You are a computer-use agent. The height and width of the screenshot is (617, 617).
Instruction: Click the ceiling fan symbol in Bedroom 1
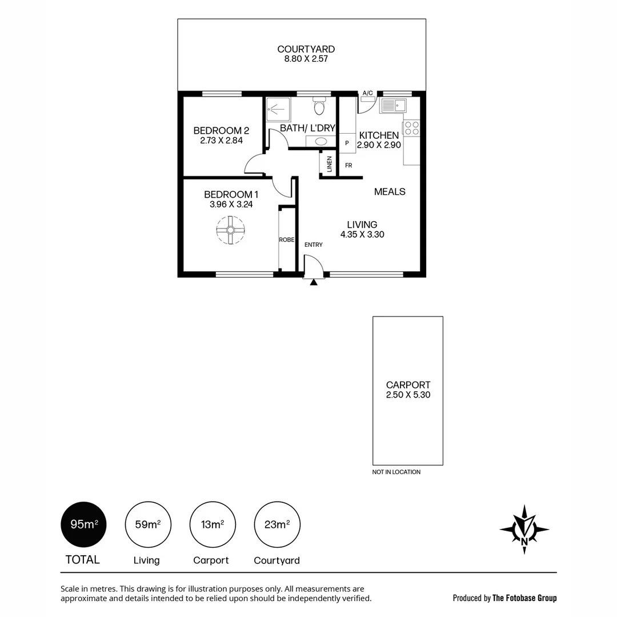[x=230, y=230]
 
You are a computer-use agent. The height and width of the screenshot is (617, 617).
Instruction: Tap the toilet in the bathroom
[x=319, y=106]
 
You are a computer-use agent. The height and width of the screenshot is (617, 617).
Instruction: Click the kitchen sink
[x=392, y=105]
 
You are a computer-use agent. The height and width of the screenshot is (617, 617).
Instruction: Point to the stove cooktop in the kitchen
[x=411, y=128]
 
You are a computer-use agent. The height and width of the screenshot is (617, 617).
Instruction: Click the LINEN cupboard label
[x=329, y=165]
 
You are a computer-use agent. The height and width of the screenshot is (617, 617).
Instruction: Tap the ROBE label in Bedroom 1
[x=286, y=240]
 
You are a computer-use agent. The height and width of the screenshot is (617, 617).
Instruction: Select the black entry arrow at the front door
[x=313, y=282]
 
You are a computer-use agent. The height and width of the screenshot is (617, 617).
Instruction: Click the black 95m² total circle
[x=83, y=524]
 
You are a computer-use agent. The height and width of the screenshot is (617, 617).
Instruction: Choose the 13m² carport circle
[x=212, y=524]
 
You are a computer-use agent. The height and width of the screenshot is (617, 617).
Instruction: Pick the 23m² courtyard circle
[x=277, y=524]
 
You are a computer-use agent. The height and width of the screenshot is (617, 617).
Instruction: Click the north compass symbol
[x=524, y=529]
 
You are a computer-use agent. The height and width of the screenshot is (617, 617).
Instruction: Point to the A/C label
[x=367, y=93]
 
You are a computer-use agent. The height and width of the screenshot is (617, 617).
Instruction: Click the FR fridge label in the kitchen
[x=348, y=166]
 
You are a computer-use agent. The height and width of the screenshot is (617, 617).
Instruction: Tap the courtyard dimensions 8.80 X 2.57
[x=306, y=59]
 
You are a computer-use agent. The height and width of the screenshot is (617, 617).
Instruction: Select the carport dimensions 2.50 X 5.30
[x=408, y=395]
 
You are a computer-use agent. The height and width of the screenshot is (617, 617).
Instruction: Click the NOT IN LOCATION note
[x=396, y=472]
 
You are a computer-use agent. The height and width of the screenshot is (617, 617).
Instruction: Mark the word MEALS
[x=390, y=191]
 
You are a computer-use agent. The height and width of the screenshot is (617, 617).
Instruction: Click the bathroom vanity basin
[x=321, y=141]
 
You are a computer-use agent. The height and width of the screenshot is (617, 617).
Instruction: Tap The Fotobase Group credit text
[x=524, y=598]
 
